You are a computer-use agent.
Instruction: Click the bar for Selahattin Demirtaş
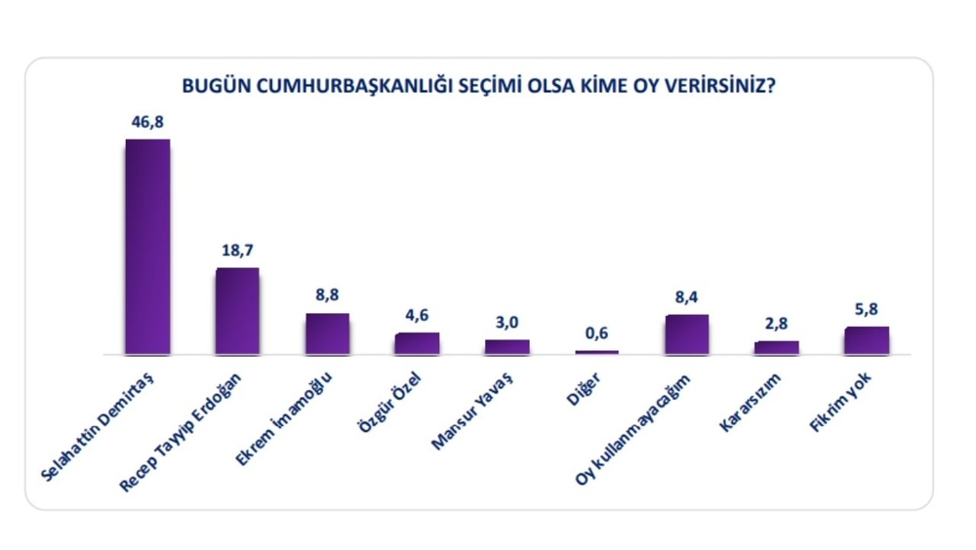tap(147, 247)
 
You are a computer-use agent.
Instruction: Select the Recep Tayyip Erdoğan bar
tap(237, 311)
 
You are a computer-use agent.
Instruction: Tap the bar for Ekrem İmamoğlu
tap(327, 334)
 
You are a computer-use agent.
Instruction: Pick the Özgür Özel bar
tap(417, 343)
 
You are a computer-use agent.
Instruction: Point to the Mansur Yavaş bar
tap(507, 346)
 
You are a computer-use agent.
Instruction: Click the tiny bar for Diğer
tap(596, 352)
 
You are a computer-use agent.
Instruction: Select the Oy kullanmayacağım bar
tap(686, 334)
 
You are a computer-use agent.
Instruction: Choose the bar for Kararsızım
tap(776, 347)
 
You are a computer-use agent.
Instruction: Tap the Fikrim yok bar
tap(866, 340)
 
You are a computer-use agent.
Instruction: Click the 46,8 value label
tap(147, 124)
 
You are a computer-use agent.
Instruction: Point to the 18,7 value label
tap(237, 252)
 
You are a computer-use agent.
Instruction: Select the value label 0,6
tap(596, 334)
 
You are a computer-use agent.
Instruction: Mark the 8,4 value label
tap(686, 298)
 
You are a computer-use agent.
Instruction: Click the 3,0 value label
tap(507, 324)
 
